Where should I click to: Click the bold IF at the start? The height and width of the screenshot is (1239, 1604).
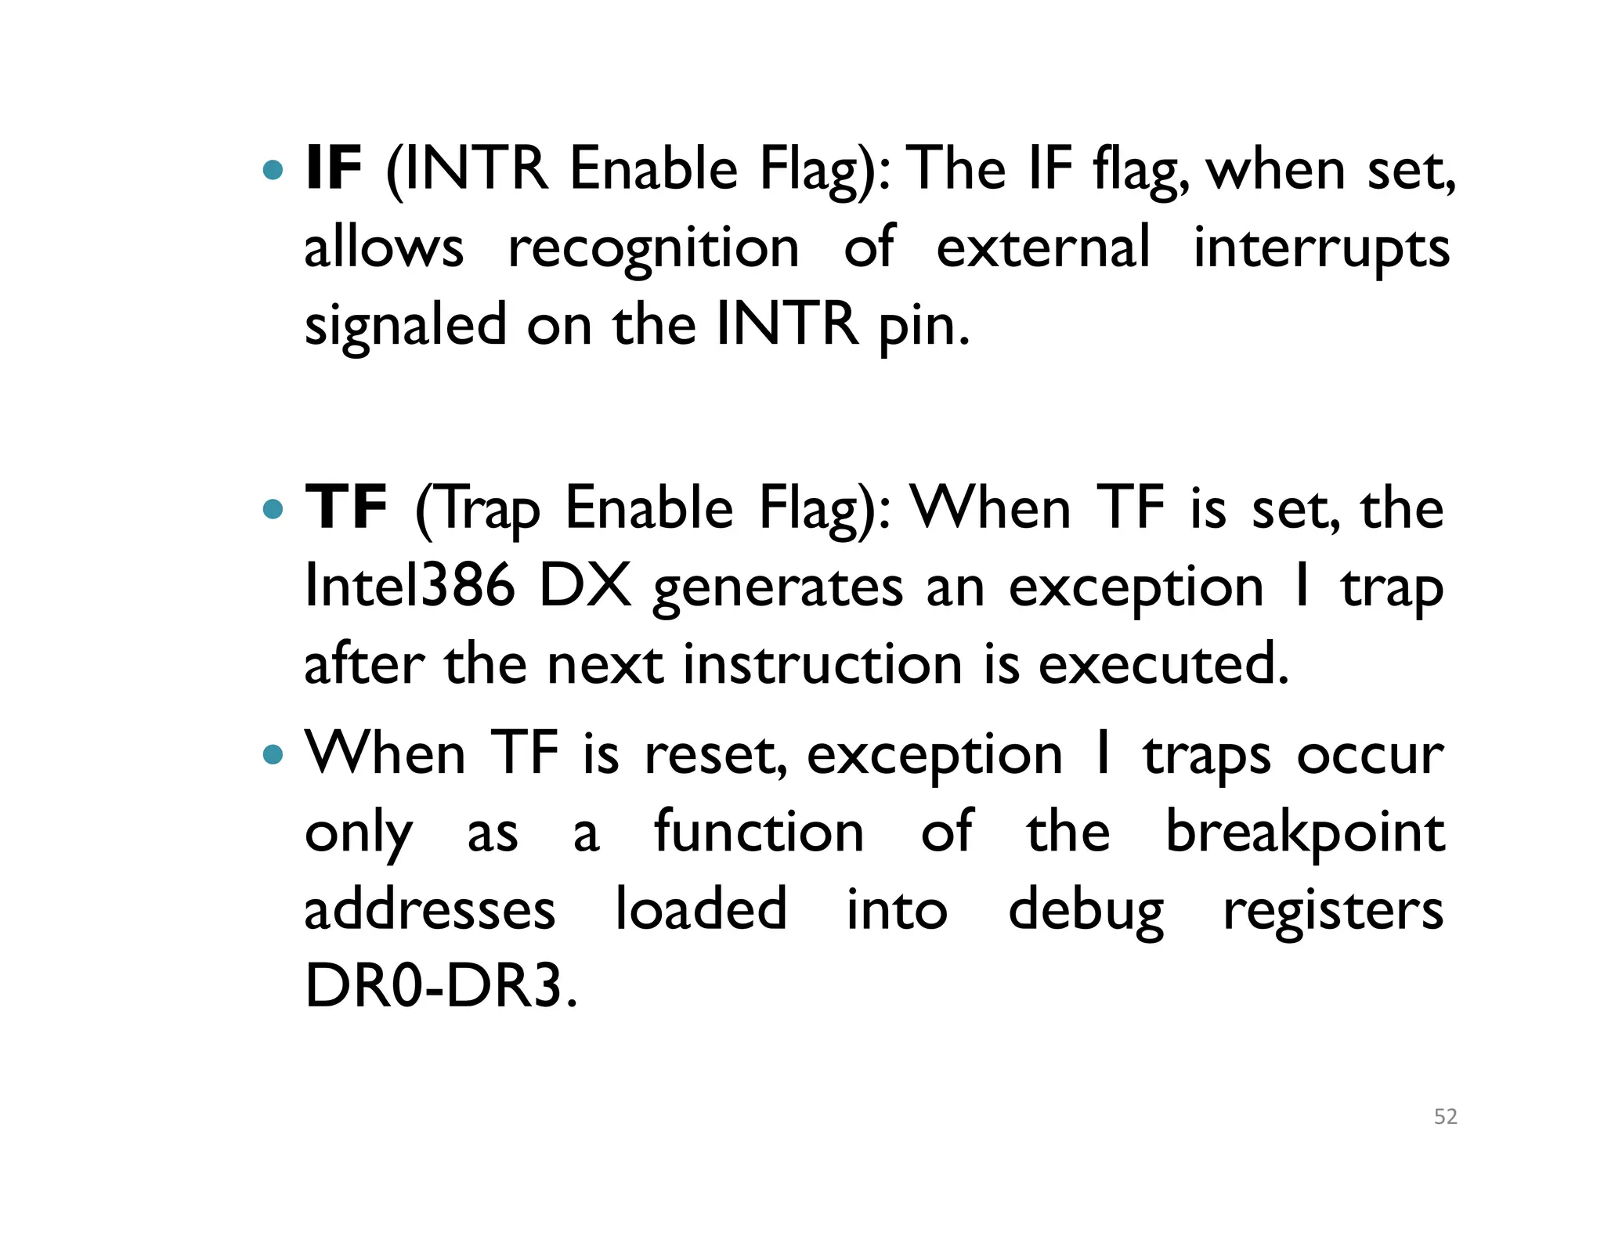(333, 168)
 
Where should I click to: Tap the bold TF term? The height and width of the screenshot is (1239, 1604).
(345, 508)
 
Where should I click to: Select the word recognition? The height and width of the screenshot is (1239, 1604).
(653, 248)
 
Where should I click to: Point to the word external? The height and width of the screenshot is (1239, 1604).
(1043, 248)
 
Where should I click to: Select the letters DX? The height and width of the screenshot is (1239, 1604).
(585, 586)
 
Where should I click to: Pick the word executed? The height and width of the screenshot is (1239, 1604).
(1163, 664)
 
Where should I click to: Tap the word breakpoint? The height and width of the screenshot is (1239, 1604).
(1305, 833)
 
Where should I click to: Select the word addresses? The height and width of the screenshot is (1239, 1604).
(430, 910)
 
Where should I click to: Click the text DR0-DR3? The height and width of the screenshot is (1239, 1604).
(439, 987)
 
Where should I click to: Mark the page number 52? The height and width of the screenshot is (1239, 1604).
(1445, 1117)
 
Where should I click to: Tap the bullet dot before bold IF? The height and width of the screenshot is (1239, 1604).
(273, 170)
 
